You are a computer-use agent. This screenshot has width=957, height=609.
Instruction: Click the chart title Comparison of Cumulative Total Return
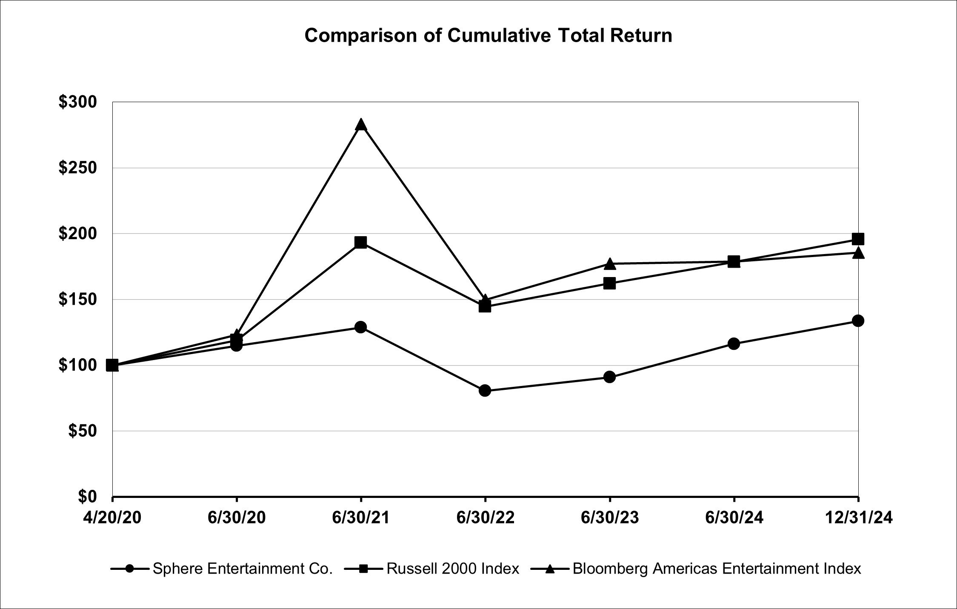pos(488,36)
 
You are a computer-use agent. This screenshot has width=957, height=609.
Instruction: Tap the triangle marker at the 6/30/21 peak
pos(361,124)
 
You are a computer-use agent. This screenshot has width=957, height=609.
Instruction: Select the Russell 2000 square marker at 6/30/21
pos(361,243)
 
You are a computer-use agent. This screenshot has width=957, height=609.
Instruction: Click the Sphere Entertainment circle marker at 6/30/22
pos(485,390)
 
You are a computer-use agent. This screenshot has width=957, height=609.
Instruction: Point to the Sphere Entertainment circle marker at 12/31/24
pos(858,320)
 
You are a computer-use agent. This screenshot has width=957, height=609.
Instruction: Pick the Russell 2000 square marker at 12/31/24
pos(858,239)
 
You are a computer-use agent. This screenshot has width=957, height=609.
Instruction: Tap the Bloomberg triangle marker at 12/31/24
pos(858,253)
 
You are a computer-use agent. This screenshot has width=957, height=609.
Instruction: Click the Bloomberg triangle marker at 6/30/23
pos(609,264)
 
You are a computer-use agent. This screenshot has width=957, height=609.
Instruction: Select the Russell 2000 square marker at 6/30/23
pos(609,283)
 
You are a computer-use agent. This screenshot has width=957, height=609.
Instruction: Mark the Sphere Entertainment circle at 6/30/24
pos(734,343)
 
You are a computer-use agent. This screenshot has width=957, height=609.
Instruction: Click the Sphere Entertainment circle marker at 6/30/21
pos(361,327)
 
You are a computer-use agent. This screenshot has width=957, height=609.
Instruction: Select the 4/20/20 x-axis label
pos(112,518)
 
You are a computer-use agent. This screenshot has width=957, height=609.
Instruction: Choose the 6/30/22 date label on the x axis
pos(485,518)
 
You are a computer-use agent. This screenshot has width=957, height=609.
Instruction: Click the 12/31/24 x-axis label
pos(858,518)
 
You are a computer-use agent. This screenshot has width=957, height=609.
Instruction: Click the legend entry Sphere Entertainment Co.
pos(242,569)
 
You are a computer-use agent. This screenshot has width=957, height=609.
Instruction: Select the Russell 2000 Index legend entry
pos(452,569)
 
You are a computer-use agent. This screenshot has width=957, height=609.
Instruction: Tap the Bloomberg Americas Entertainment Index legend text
pos(717,569)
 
